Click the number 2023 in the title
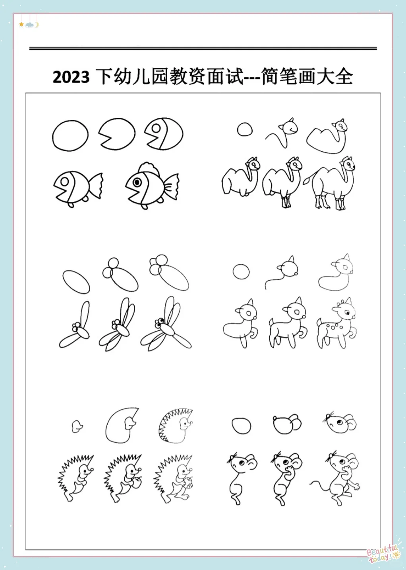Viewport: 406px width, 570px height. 71,77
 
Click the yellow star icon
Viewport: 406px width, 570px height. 21,24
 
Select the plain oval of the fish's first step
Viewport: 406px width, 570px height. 70,136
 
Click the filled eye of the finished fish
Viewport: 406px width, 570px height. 137,182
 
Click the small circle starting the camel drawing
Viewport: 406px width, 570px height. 245,129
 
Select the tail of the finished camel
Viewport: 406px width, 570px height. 308,179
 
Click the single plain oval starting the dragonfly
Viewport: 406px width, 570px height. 76,282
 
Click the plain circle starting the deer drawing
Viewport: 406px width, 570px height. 241,271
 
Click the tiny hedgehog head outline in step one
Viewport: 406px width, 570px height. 77,426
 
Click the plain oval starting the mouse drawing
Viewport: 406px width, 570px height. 242,426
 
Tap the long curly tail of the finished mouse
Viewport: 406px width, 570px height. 320,486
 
